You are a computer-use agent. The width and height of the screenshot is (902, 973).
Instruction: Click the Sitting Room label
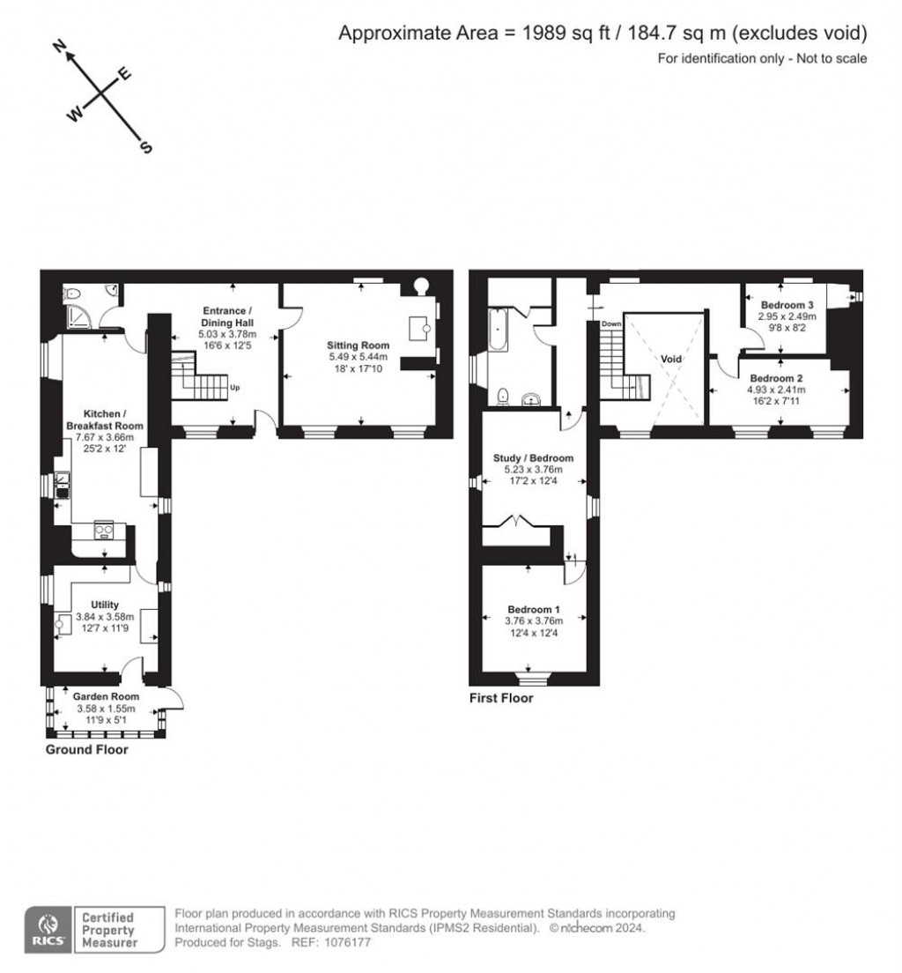pos(358,345)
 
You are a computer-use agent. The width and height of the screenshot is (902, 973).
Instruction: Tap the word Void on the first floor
pos(670,359)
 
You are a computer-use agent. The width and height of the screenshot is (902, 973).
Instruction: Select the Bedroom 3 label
pos(787,305)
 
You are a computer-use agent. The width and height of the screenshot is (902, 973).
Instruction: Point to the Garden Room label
pos(106,696)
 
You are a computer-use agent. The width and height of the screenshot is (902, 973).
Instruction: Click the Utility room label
pos(105,605)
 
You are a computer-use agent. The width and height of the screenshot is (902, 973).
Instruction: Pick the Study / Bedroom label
pos(533,458)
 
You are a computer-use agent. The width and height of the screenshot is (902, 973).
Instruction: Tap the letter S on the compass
pos(146,147)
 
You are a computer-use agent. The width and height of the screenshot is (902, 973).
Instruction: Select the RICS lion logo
pos(48,925)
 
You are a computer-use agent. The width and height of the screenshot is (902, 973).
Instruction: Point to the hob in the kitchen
pos(104,531)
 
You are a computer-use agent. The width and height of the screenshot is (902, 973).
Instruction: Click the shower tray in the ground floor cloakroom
pos(79,317)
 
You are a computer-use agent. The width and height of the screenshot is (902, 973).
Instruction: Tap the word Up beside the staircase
pos(234,387)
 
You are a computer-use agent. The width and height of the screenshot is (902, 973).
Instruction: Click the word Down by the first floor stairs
pos(611,324)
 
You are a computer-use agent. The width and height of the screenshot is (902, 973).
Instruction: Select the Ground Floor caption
pos(87,749)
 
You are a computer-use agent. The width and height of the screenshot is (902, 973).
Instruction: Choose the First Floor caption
pos(501,697)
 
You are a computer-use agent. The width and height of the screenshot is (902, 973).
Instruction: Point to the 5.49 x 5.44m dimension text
pos(358,357)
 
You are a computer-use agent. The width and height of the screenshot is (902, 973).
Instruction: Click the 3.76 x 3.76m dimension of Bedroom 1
pos(534,620)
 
